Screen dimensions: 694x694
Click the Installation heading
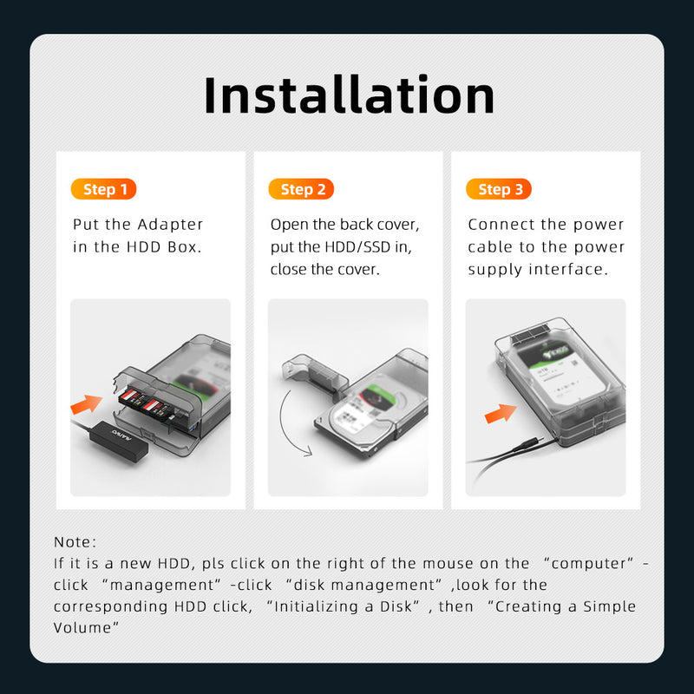coord(349,95)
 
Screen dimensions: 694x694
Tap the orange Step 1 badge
coord(103,189)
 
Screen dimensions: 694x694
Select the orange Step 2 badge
coord(301,189)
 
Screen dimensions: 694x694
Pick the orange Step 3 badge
coord(499,189)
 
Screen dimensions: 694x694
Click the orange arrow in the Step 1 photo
coord(87,404)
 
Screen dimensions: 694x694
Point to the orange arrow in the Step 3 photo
coord(501,414)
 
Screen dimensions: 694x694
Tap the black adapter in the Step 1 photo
coord(119,441)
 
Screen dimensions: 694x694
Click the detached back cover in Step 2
coord(315,373)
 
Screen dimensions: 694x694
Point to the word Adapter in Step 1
coord(170,225)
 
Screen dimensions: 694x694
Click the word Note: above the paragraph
coord(75,541)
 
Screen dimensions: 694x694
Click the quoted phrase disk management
coord(363,585)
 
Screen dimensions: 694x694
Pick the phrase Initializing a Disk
coord(343,606)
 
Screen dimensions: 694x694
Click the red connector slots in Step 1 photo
coord(144,402)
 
